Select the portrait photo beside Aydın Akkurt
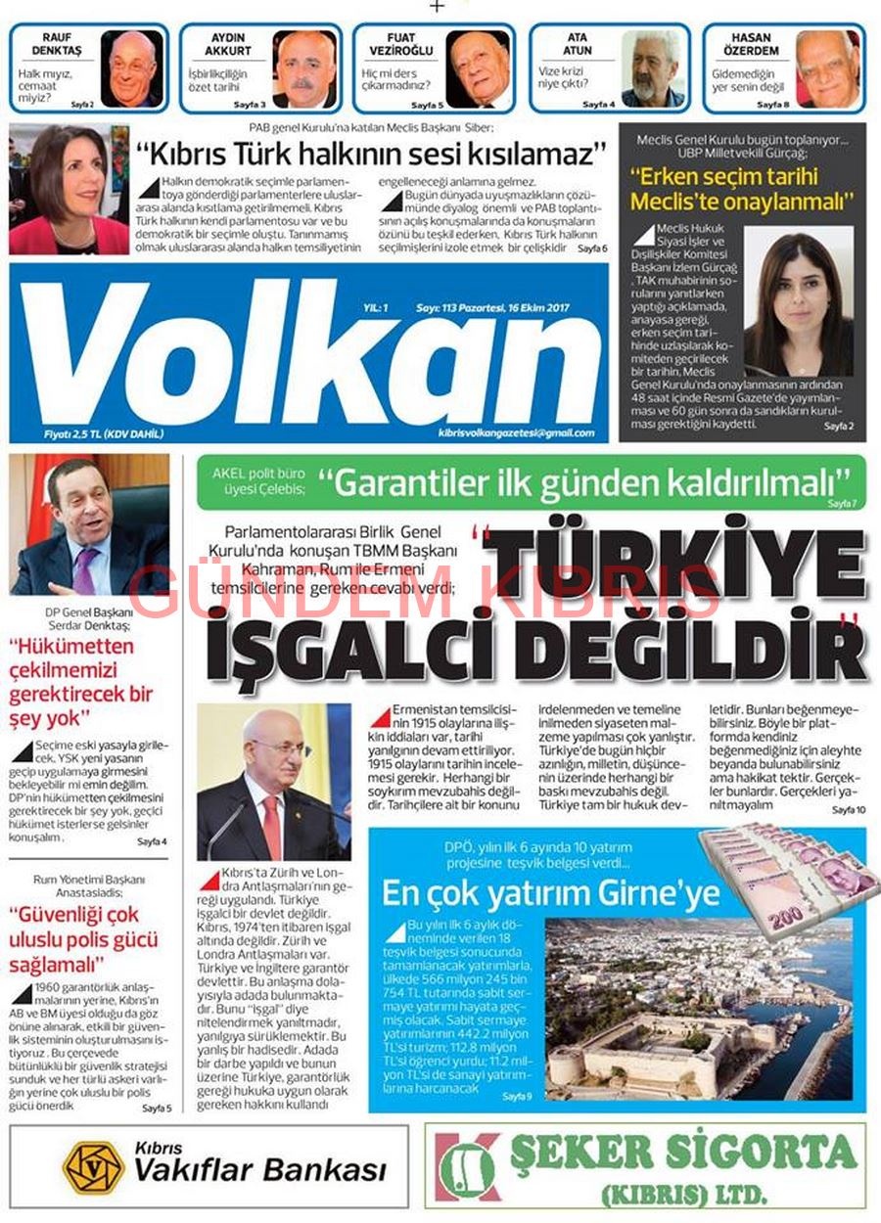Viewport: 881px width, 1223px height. pyautogui.click(x=304, y=68)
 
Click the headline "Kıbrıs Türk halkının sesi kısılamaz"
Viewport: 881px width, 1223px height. pyautogui.click(x=371, y=155)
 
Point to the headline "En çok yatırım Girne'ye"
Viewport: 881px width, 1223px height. pyautogui.click(x=550, y=892)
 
